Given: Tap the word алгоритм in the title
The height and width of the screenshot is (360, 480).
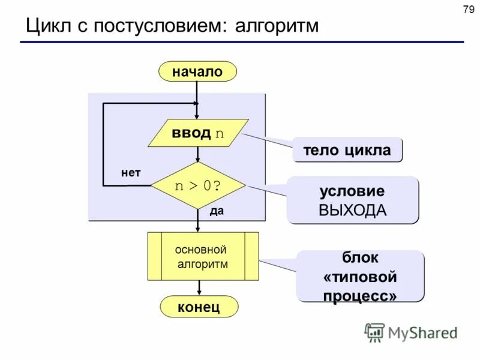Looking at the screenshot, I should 277,26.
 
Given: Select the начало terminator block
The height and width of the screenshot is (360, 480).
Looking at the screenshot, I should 197,72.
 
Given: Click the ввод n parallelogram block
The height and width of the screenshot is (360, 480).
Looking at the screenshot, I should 198,133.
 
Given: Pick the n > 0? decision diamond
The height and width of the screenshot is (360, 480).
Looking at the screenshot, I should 198,185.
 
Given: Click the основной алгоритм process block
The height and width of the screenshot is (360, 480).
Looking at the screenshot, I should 203,256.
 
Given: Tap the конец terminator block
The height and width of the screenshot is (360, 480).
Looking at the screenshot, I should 199,307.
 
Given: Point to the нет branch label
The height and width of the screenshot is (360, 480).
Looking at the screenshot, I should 131,173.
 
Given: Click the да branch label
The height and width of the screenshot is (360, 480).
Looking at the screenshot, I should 217,211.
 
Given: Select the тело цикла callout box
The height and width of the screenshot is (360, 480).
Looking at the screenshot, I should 347,150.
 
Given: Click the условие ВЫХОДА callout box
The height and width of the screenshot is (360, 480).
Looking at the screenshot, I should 352,200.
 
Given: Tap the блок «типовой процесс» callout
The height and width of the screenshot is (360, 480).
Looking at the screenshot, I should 360,276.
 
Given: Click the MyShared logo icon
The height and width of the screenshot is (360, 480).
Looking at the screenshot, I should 374,332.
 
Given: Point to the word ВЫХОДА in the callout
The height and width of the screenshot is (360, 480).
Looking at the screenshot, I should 352,210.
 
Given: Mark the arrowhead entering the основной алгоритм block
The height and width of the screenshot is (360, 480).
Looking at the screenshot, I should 198,229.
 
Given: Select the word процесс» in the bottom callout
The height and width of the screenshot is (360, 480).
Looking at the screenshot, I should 360,296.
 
